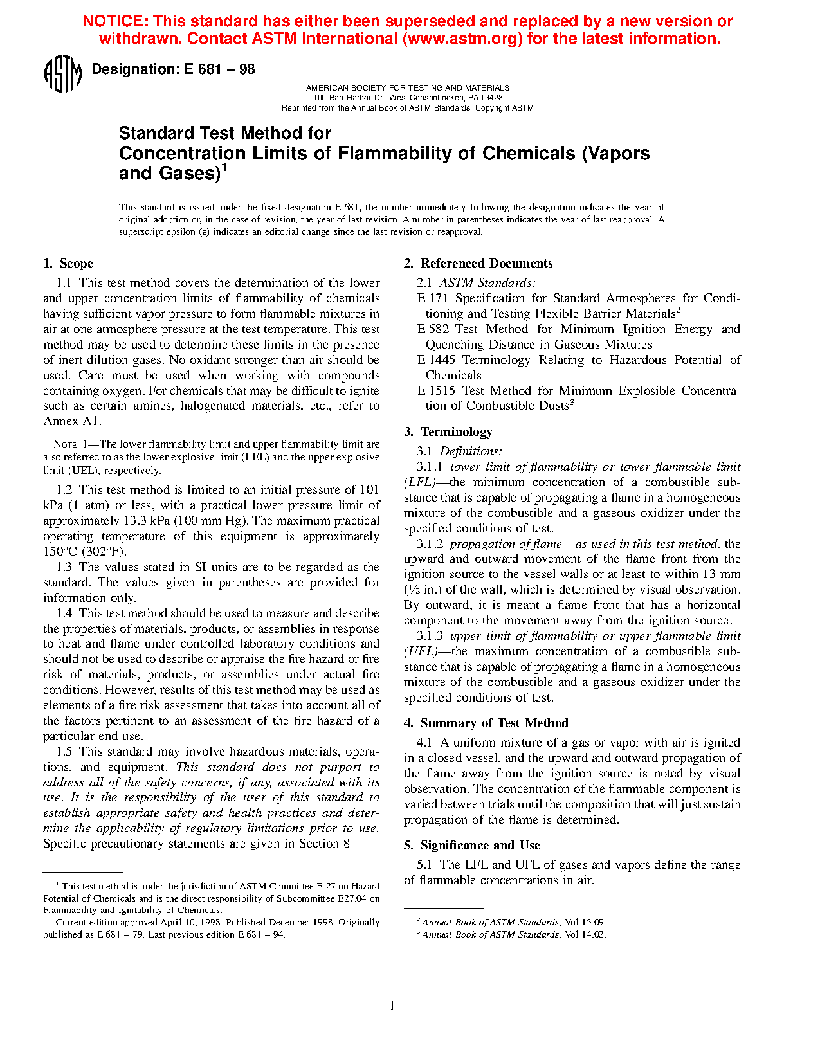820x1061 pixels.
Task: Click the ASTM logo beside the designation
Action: [62, 74]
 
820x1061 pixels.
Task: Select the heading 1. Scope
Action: [68, 264]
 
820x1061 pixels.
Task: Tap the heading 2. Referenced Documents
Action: [478, 264]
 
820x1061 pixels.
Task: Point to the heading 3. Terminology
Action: [448, 432]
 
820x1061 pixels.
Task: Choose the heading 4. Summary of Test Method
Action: [486, 723]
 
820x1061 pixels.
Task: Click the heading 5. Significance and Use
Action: [472, 846]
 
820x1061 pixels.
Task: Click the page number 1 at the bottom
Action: [392, 1006]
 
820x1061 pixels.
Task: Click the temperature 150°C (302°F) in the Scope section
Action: [85, 552]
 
